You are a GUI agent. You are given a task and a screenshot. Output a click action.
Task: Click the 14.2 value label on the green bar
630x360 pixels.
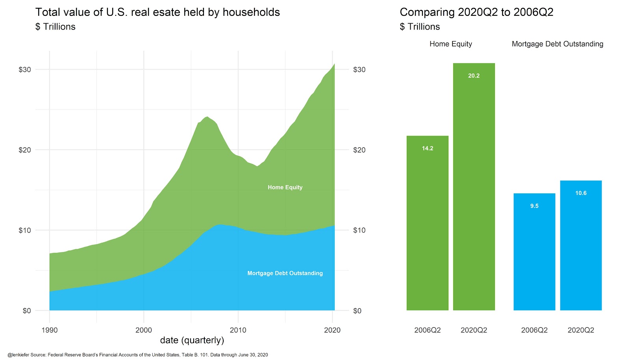click(x=427, y=148)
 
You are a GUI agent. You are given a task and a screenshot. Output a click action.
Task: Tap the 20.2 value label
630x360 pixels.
click(x=474, y=76)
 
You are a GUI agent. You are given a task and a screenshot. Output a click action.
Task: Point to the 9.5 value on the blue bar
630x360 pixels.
click(x=534, y=206)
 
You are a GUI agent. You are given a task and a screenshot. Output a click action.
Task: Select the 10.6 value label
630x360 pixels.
click(x=581, y=193)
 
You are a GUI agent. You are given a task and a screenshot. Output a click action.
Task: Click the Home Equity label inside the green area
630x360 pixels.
click(x=285, y=187)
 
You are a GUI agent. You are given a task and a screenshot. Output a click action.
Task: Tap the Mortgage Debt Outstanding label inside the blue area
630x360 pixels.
click(x=285, y=273)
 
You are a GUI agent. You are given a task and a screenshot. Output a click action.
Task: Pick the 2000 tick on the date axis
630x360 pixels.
click(x=143, y=330)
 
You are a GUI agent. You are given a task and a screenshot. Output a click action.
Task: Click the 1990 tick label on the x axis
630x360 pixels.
click(x=49, y=330)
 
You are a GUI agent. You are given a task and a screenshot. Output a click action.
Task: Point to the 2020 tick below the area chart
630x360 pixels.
click(x=332, y=330)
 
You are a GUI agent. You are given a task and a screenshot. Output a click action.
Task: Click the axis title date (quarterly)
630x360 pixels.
click(x=192, y=340)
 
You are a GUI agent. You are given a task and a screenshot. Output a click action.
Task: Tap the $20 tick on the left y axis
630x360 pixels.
click(x=24, y=150)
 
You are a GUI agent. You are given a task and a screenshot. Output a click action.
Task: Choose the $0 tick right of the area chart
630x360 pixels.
click(x=357, y=311)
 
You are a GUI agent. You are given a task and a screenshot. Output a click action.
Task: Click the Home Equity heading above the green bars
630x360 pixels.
click(x=450, y=44)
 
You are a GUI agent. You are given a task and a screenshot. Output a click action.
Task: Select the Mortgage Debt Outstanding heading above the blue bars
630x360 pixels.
click(x=557, y=44)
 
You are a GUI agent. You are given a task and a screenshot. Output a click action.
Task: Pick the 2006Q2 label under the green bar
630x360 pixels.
click(x=427, y=330)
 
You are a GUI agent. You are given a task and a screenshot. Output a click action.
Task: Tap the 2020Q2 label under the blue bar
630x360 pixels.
click(x=581, y=330)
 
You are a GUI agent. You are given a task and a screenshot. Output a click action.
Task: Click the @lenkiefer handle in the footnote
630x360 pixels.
click(x=18, y=355)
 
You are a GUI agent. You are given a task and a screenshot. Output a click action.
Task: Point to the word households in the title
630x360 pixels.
click(x=251, y=12)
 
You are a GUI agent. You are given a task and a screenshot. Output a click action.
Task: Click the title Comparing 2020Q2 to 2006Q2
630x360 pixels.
click(x=476, y=12)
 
